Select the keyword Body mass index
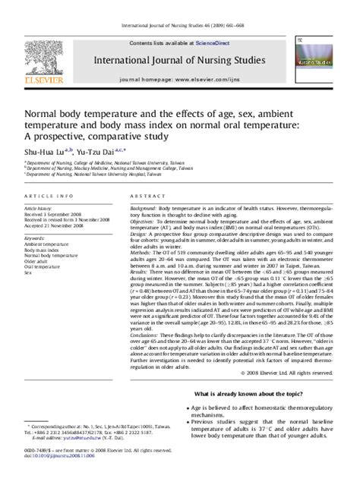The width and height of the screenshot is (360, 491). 42,250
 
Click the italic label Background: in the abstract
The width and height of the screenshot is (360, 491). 144,207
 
